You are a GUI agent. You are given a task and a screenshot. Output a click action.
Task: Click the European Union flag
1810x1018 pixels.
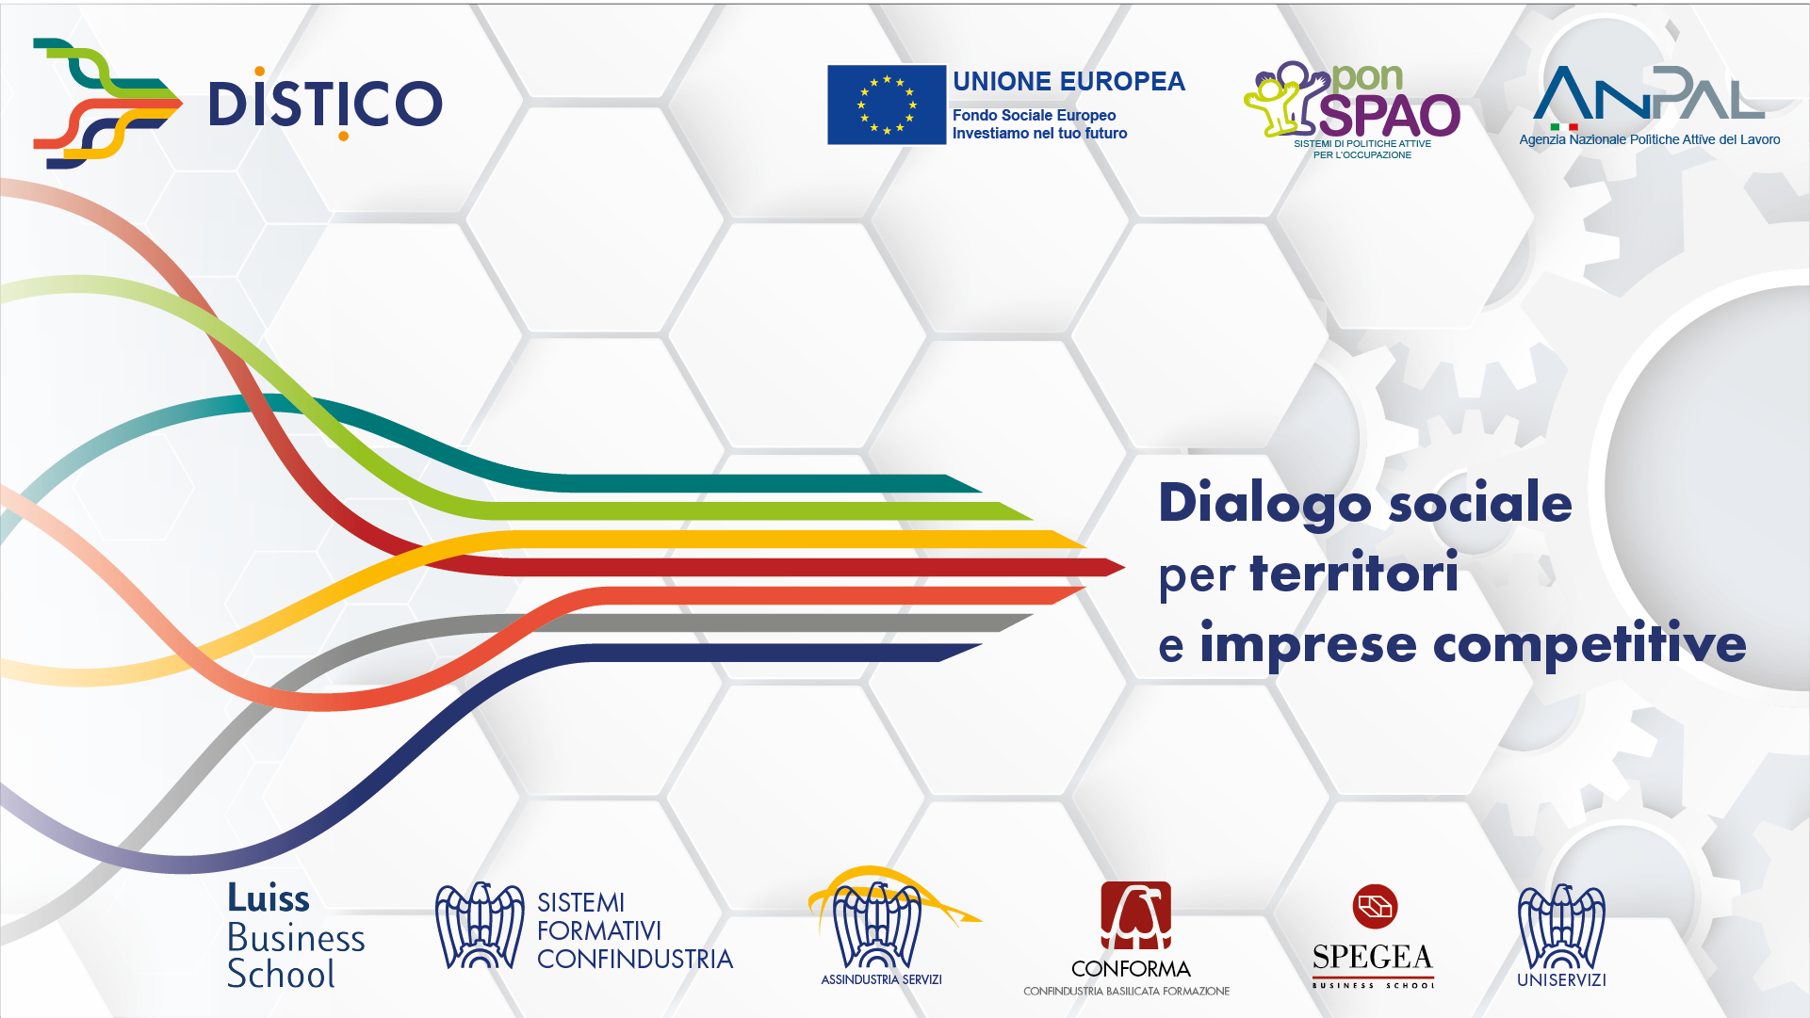click(887, 105)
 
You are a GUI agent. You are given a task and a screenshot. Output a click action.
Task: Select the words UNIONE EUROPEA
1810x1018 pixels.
click(1068, 82)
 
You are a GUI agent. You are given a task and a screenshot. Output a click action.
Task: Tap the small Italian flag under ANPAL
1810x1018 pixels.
click(1564, 127)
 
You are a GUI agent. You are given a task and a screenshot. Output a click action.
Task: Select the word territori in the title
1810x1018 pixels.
click(1354, 573)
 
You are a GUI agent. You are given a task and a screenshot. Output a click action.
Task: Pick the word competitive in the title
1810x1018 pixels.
click(1590, 645)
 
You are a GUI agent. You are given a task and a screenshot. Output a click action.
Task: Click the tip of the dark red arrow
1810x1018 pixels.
click(1125, 567)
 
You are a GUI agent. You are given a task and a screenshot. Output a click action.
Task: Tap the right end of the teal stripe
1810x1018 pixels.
click(981, 491)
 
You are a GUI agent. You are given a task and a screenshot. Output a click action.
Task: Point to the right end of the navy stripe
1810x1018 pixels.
click(981, 645)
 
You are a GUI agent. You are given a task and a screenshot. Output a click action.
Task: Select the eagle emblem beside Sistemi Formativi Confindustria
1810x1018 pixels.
click(480, 927)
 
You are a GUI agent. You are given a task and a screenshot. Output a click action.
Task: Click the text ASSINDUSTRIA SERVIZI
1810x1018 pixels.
click(881, 979)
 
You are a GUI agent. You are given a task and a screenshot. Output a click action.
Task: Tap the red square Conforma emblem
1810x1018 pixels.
click(1136, 915)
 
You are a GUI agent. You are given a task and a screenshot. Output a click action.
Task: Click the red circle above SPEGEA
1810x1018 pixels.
click(1375, 907)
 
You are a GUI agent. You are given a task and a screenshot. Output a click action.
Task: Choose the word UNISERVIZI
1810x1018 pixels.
click(1561, 979)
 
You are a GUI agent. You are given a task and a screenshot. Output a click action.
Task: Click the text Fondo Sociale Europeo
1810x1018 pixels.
click(1034, 115)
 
